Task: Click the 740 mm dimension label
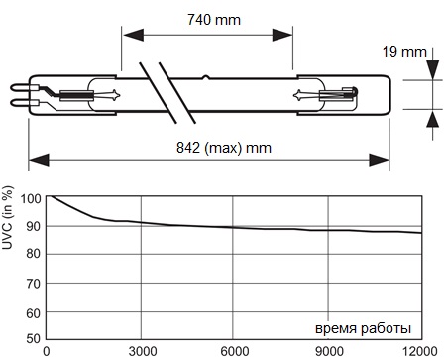(214, 20)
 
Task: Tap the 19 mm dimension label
(404, 52)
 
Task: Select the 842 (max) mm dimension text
(224, 148)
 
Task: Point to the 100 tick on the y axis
(31, 199)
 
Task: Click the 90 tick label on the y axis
(34, 227)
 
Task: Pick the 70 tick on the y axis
(34, 284)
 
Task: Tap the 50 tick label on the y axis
(34, 338)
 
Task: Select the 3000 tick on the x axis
(142, 352)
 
